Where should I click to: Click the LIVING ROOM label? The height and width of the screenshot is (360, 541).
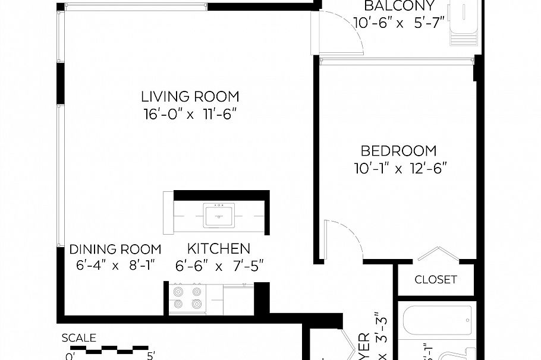[190, 96]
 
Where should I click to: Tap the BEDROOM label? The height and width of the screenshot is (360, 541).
[399, 151]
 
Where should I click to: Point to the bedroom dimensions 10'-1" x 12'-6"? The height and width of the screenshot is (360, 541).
[399, 168]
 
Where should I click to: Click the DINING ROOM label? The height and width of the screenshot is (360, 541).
[115, 249]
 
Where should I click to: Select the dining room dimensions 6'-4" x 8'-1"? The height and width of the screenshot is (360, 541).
[115, 266]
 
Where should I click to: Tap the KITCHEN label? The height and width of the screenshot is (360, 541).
[219, 249]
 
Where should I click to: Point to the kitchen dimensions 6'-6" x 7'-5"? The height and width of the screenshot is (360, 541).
[219, 266]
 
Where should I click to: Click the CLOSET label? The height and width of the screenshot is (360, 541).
[435, 279]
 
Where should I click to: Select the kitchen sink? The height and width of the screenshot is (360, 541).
[219, 214]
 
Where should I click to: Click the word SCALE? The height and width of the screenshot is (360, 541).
[79, 338]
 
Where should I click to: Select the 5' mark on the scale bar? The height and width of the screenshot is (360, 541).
[151, 356]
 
